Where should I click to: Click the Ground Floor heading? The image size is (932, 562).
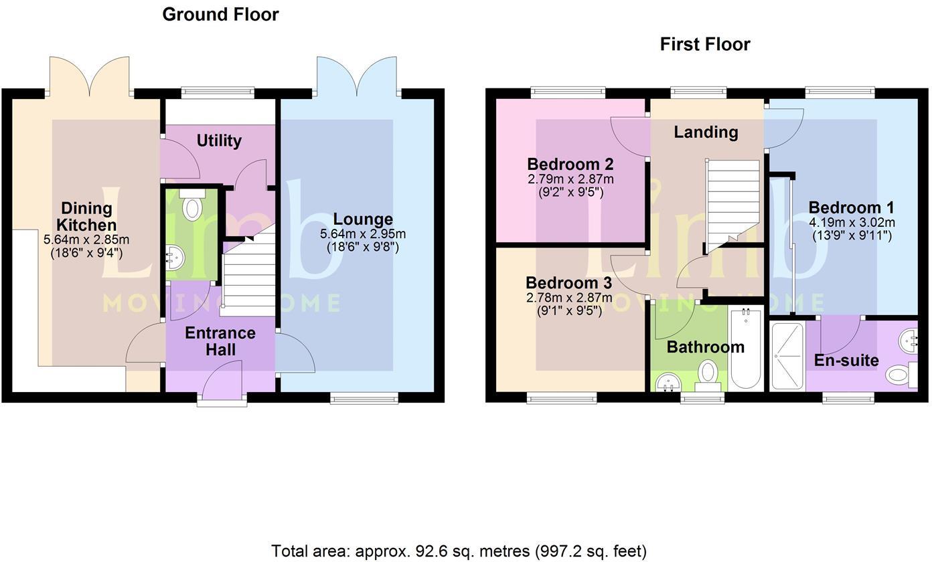[x=220, y=15]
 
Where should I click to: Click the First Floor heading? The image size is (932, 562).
[x=705, y=44]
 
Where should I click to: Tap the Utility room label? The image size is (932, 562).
[x=219, y=140]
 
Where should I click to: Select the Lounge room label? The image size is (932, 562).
[x=363, y=219]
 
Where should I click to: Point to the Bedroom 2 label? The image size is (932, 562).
[x=570, y=165]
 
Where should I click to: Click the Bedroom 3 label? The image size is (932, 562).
[x=568, y=283]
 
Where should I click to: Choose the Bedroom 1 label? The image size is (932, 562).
[x=850, y=207]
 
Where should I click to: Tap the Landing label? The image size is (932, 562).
[x=706, y=132]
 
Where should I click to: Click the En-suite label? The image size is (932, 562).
[x=846, y=361]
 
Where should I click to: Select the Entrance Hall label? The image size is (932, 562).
[x=220, y=341]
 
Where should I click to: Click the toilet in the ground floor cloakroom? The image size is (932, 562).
[x=192, y=206]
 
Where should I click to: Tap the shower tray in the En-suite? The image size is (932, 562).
[x=787, y=356]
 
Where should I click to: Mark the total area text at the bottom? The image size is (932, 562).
[x=459, y=551]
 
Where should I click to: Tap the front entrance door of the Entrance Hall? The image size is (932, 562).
[x=222, y=385]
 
